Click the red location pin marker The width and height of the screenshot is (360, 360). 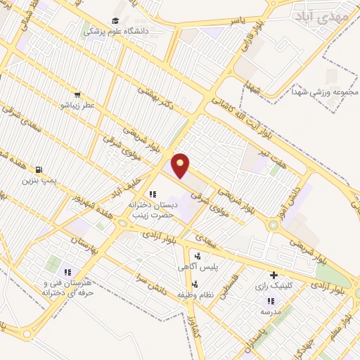tap(181, 165)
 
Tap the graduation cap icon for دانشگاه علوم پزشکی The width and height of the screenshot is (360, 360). tap(115, 20)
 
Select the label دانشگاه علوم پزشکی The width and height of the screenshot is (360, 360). tap(114, 31)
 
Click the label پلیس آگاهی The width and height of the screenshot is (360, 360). tap(196, 267)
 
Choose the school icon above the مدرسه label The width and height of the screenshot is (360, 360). tap(271, 301)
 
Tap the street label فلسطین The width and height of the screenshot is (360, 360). tap(224, 288)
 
